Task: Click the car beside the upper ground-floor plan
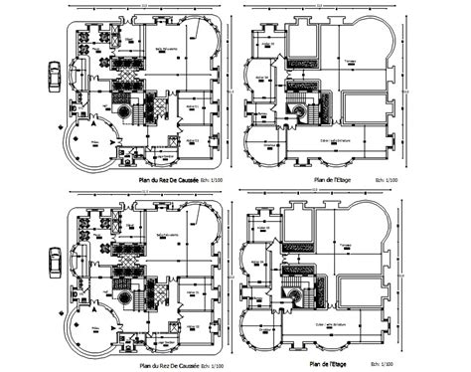[54, 77]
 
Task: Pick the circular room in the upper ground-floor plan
[94, 146]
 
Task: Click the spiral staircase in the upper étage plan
[297, 116]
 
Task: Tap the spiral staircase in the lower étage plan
[295, 294]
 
